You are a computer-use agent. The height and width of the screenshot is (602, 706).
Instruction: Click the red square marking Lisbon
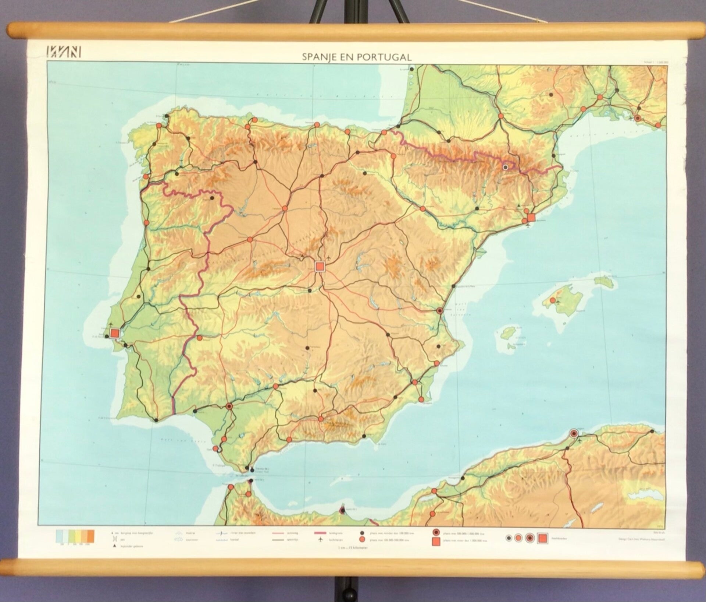click(x=115, y=333)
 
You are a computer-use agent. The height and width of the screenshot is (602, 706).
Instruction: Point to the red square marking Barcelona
click(x=531, y=218)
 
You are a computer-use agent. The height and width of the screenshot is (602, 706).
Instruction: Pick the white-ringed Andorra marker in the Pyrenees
click(x=505, y=167)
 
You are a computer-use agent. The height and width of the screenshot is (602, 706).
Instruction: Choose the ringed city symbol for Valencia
click(x=439, y=311)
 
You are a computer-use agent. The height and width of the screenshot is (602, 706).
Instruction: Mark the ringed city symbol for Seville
click(x=229, y=406)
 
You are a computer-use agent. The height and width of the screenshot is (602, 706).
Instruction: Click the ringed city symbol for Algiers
click(x=573, y=433)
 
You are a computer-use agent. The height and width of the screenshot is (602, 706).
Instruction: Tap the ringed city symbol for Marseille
click(x=638, y=118)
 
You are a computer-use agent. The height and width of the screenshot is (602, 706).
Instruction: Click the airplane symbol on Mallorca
click(x=558, y=302)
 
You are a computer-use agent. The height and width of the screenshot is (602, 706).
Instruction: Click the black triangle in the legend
click(x=112, y=546)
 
